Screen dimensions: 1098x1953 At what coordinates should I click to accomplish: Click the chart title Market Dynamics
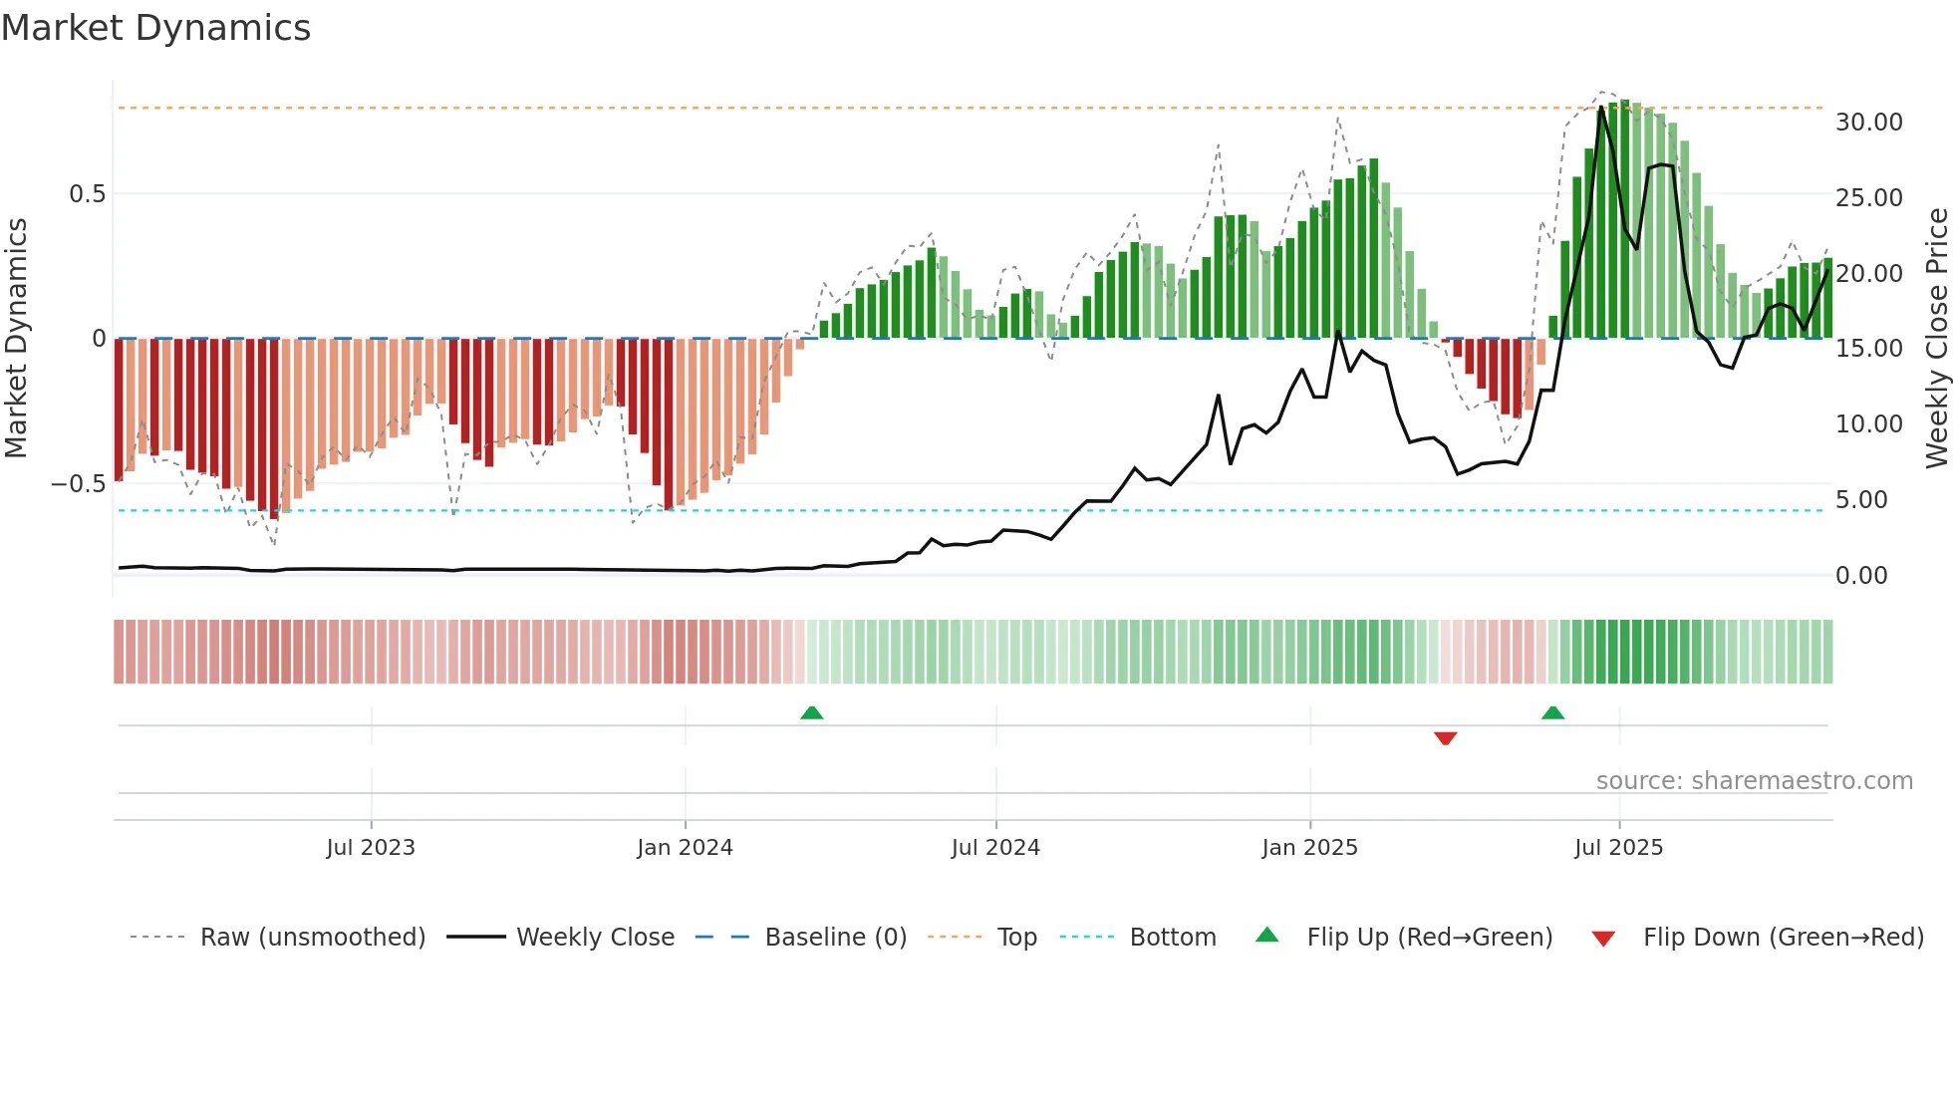155,28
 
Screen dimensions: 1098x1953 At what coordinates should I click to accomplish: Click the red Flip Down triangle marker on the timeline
1445,738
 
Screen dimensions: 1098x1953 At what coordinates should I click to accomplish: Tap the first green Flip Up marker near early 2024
811,712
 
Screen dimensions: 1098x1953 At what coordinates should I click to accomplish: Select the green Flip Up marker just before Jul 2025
1552,712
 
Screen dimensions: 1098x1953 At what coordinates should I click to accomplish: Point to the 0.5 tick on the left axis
87,194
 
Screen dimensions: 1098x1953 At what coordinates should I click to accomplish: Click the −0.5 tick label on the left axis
79,484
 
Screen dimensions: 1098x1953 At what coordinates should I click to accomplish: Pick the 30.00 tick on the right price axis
1868,123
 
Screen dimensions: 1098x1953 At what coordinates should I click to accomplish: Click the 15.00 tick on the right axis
1868,349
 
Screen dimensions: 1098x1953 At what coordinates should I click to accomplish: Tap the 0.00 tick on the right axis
1860,575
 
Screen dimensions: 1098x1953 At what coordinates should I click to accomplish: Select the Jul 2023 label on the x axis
371,848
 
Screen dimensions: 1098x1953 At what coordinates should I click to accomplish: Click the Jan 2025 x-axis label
1309,848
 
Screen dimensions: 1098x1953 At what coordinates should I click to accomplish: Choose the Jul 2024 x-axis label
995,848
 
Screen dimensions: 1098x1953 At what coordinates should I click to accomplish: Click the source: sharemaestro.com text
1754,781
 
